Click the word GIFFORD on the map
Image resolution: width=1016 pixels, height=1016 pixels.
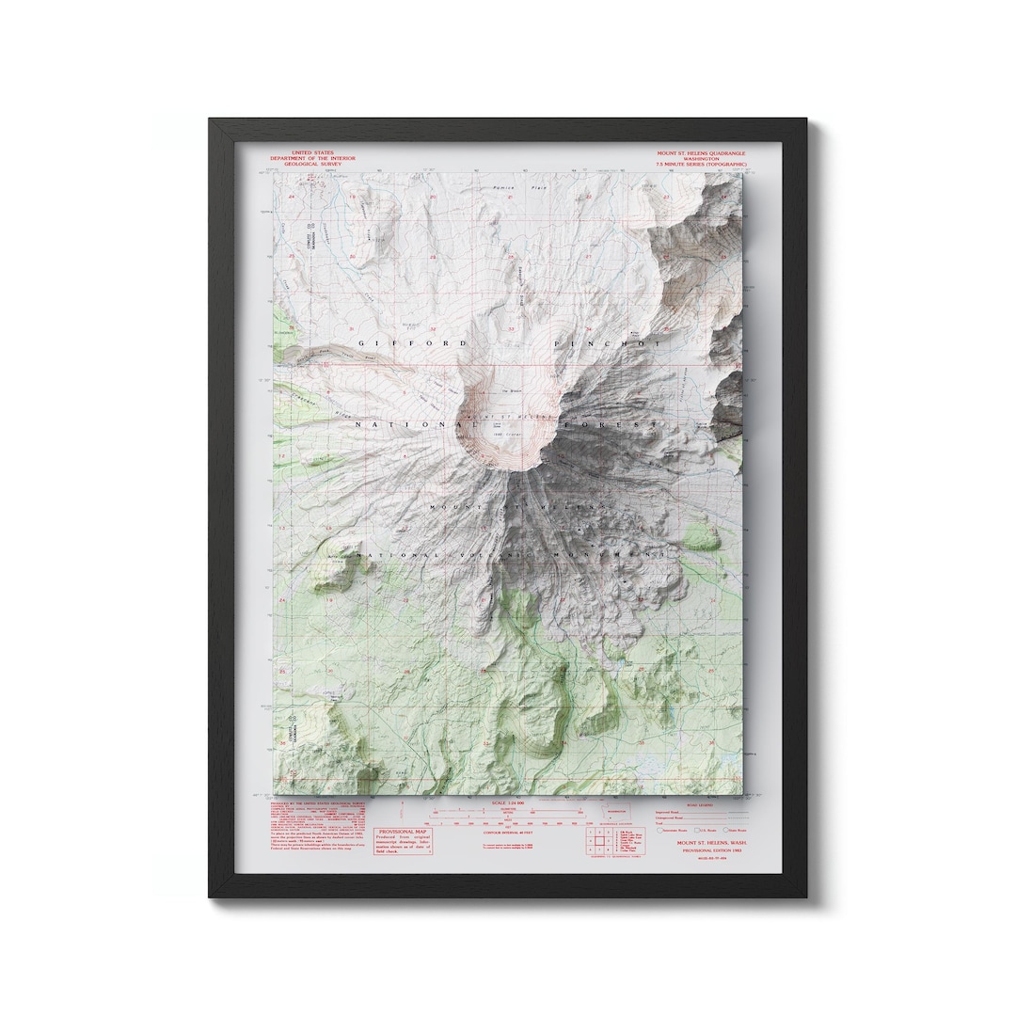[x=410, y=344]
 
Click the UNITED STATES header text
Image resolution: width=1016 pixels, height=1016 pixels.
[x=311, y=152]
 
